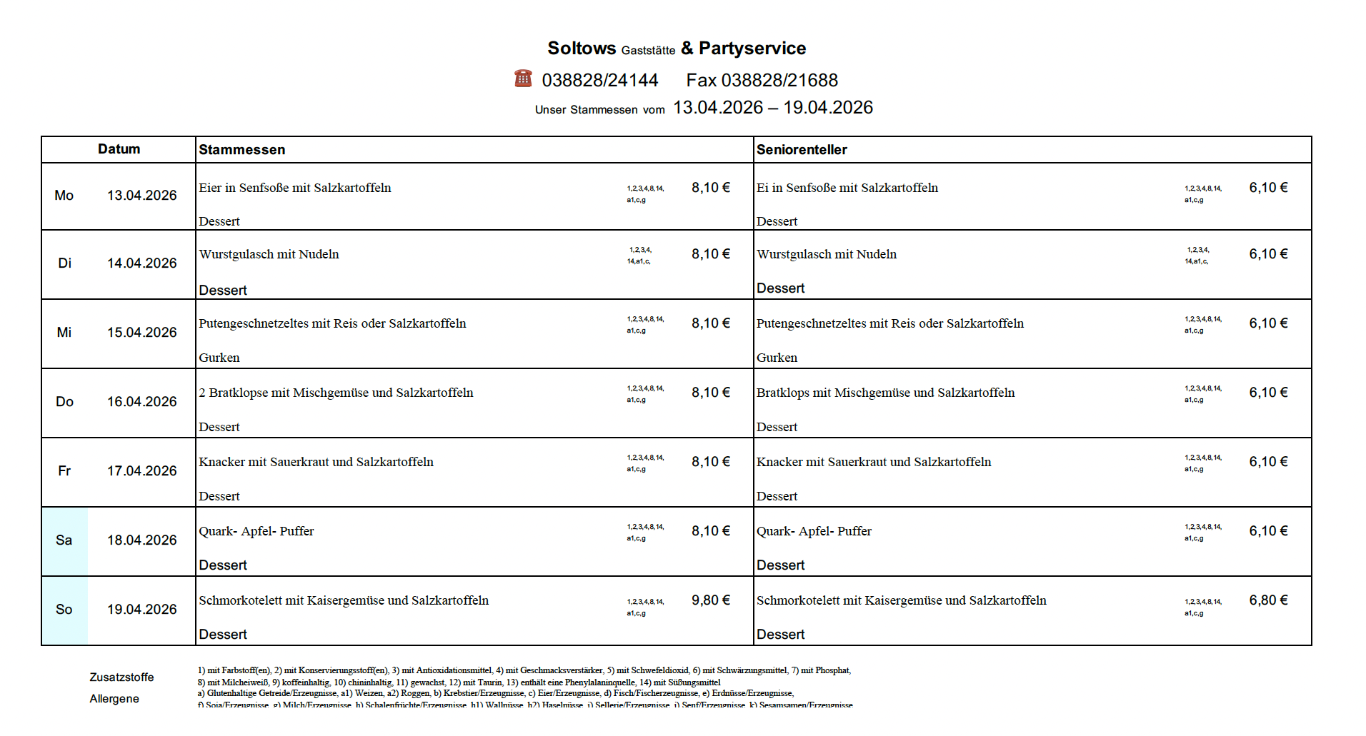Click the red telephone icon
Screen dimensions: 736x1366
pos(523,78)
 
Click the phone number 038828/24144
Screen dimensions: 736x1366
pos(599,81)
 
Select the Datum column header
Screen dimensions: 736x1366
pos(119,149)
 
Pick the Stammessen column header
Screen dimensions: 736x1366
pos(241,150)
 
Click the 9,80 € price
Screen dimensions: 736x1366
pos(710,600)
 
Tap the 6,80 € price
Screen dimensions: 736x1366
pos(1268,600)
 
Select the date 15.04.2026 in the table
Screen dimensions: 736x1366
pos(141,333)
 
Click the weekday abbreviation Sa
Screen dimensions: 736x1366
pos(64,540)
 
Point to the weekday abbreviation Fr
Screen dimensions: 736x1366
pos(64,471)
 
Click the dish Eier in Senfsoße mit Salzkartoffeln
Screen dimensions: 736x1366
pos(295,188)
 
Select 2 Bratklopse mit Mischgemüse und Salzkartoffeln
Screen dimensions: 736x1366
pos(336,393)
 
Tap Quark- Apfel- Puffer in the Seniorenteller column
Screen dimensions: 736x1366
pos(814,531)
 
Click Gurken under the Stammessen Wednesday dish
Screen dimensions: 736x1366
pos(219,358)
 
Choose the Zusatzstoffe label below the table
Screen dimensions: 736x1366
pos(121,677)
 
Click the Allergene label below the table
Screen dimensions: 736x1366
pos(114,699)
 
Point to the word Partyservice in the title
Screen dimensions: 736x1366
pos(752,49)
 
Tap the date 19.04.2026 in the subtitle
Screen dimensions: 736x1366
pos(827,108)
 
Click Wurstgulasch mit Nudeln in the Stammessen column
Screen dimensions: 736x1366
pos(269,254)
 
